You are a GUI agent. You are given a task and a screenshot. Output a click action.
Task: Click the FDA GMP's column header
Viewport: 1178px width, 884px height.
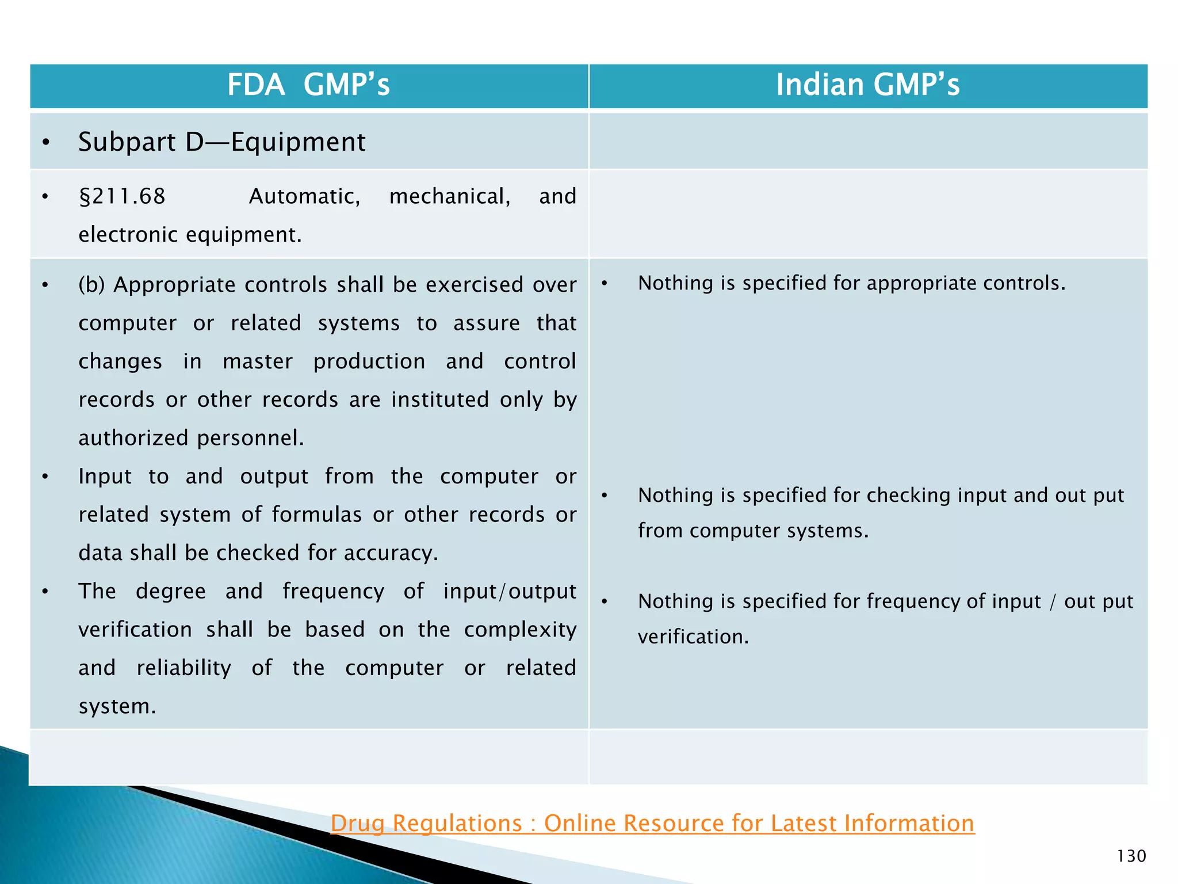[309, 85]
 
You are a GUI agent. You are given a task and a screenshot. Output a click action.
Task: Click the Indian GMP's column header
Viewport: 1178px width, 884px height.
[867, 85]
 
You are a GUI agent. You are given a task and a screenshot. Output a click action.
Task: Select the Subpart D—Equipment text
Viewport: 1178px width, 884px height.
[221, 142]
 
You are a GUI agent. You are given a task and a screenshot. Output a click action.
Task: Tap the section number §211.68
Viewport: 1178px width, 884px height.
[122, 197]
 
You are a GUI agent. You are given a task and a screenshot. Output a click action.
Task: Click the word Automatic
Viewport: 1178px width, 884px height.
[304, 197]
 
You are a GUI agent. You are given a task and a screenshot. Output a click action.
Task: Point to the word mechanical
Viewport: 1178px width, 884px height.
[449, 197]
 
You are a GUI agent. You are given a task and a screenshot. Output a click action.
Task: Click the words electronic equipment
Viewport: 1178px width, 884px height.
[190, 235]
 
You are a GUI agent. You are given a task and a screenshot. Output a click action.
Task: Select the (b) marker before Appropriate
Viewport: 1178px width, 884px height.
[91, 285]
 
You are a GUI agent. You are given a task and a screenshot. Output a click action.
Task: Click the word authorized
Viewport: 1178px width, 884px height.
[133, 438]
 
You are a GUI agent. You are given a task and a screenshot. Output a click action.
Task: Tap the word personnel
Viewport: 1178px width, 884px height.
[250, 438]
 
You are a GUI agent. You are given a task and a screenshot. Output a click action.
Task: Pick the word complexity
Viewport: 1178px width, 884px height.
[520, 630]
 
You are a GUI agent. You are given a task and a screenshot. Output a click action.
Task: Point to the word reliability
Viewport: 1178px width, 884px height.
[183, 668]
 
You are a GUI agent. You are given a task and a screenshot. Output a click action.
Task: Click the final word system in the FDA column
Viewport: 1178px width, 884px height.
[117, 707]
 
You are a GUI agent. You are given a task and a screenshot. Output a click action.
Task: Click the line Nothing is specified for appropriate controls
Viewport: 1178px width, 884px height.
[851, 283]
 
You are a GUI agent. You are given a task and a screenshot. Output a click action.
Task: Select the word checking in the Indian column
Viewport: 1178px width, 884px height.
[908, 496]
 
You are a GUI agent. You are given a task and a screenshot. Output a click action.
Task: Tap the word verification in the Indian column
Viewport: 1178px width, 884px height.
[693, 637]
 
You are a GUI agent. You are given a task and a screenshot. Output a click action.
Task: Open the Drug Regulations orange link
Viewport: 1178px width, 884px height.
[652, 823]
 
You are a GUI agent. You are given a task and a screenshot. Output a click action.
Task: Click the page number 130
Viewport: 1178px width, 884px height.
[1131, 856]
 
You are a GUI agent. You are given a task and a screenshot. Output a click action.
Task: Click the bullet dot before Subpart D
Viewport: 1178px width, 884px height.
[46, 143]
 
